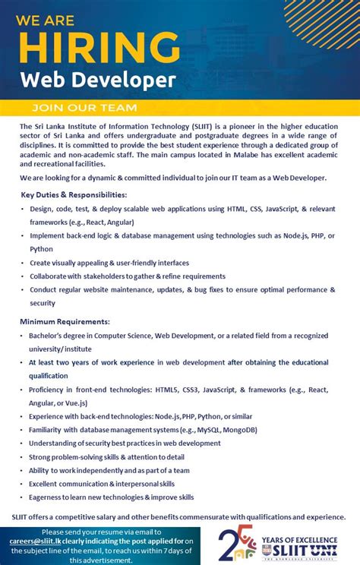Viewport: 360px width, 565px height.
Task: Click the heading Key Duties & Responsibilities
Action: coord(74,194)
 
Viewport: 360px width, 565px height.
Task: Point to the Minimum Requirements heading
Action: coord(65,321)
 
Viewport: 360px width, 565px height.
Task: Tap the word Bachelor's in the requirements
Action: coord(50,336)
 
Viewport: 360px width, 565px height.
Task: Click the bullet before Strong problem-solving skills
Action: coord(24,457)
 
